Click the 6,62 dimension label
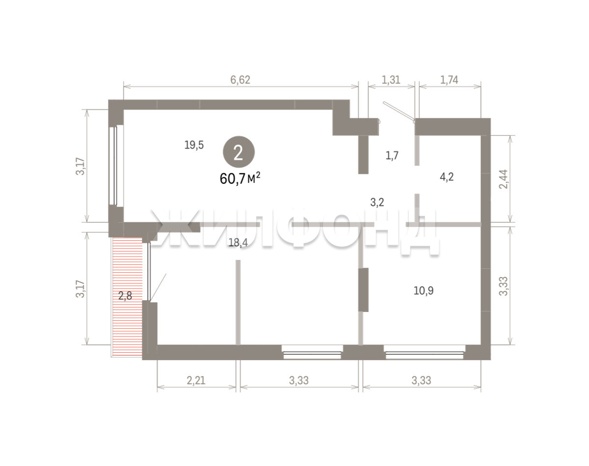[x=240, y=80]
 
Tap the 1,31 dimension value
[x=391, y=80]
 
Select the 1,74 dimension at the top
[x=449, y=80]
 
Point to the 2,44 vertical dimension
[x=503, y=179]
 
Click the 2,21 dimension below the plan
[x=196, y=380]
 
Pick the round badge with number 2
[x=239, y=152]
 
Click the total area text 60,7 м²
[x=240, y=179]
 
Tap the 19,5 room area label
[x=194, y=145]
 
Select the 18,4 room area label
[x=238, y=242]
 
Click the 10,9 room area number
[x=424, y=290]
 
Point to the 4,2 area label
[x=447, y=177]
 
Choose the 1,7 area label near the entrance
[x=392, y=155]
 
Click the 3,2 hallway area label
[x=377, y=203]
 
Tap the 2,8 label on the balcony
[x=125, y=296]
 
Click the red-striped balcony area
[x=127, y=297]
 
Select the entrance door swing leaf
[x=399, y=111]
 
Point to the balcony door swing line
[x=158, y=287]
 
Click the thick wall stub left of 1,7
[x=364, y=155]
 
